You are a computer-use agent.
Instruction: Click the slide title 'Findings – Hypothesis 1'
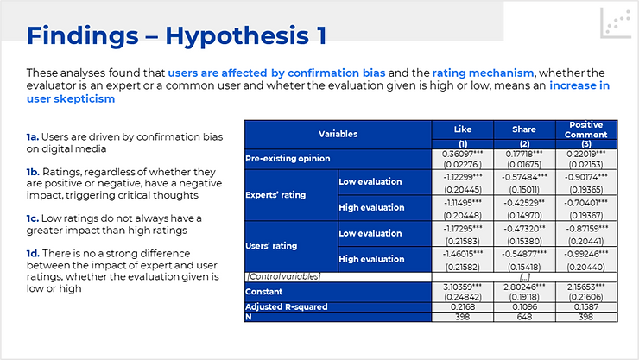[x=176, y=35]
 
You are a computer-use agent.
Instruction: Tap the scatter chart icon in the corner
[x=616, y=23]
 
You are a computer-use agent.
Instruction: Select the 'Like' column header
[x=463, y=129]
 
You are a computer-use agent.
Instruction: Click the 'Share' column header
[x=524, y=129]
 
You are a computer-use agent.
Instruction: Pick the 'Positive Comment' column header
[x=586, y=129]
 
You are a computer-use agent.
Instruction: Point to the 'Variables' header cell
[x=338, y=134]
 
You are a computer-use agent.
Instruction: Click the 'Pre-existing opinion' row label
[x=288, y=158]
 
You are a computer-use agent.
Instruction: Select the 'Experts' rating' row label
[x=275, y=195]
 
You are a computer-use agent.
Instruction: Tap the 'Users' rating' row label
[x=271, y=246]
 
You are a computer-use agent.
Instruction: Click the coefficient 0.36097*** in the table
[x=463, y=154]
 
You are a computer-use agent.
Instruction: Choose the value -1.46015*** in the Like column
[x=463, y=254]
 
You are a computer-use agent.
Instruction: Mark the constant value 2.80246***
[x=524, y=287]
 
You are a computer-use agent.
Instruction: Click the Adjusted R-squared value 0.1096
[x=524, y=307]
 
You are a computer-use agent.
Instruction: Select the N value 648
[x=524, y=317]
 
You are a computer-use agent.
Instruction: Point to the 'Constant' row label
[x=263, y=292]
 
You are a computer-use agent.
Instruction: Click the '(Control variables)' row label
[x=283, y=276]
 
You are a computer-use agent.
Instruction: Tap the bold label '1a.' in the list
[x=33, y=136]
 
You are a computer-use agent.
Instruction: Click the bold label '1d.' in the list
[x=33, y=253]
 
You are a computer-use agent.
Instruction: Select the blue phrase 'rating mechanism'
[x=483, y=73]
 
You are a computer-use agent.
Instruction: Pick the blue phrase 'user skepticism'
[x=71, y=99]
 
